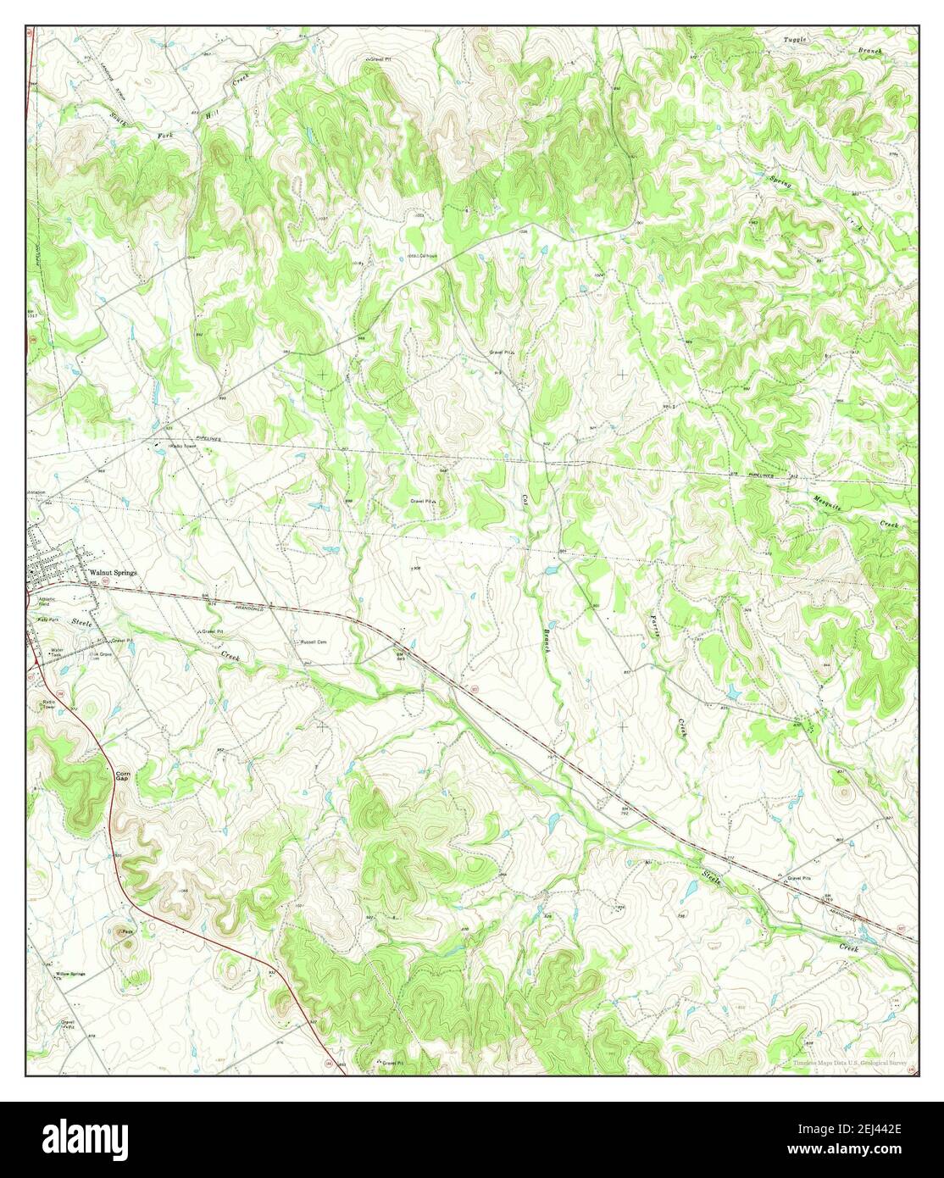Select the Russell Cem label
pos(310,642)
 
